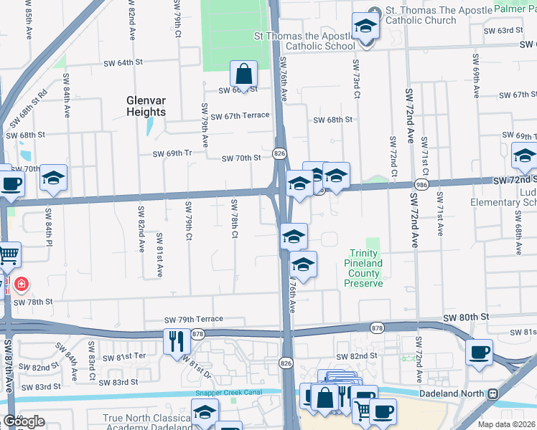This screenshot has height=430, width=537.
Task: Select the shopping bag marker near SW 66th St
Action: click(x=244, y=73)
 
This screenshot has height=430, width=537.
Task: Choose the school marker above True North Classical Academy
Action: click(x=205, y=412)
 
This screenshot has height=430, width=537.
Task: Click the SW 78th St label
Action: click(x=33, y=302)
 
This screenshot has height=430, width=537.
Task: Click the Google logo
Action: click(x=23, y=421)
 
